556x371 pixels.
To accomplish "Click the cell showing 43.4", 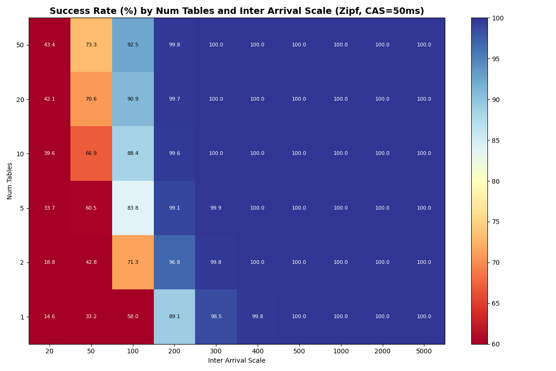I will [50, 45].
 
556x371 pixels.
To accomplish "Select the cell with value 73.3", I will [91, 45].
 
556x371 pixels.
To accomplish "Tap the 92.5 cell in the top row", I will [133, 45].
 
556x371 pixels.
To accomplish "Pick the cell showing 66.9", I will [91, 154].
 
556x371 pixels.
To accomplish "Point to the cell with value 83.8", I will [133, 208].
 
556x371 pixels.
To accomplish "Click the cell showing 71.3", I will [133, 262].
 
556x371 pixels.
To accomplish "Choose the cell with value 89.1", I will [174, 317].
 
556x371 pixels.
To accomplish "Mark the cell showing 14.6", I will [50, 317].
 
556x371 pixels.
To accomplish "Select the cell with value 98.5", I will [216, 317].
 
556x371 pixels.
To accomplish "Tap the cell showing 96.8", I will [174, 262].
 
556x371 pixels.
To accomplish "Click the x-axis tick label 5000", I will [424, 352].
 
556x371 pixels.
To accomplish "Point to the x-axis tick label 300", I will [216, 352].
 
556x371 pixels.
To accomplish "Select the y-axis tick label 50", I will [20, 45].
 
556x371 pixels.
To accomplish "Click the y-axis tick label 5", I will [22, 208].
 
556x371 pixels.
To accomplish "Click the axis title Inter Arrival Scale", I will [237, 361].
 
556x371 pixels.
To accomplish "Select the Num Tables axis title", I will [10, 181].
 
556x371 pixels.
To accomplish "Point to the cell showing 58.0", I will [133, 317].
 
